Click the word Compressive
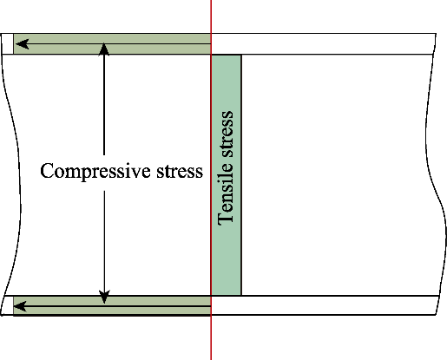[x=95, y=172]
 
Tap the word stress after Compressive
[x=180, y=172]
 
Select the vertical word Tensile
[x=226, y=194]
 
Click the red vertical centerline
[x=211, y=180]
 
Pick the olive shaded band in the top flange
[x=112, y=43]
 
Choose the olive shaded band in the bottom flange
[x=112, y=305]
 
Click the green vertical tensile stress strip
[x=227, y=175]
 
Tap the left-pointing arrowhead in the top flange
[x=22, y=44]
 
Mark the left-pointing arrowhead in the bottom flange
[x=20, y=306]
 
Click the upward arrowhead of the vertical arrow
[x=104, y=49]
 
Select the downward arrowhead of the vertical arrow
[x=104, y=298]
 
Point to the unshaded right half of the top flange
[x=324, y=43]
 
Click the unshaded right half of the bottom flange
[x=324, y=305]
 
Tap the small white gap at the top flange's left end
[x=8, y=43]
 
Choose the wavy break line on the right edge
[x=436, y=173]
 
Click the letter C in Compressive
[x=47, y=171]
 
